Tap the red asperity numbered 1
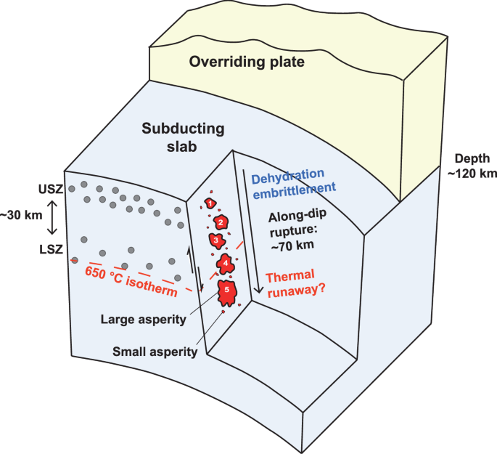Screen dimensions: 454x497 [x=210, y=204]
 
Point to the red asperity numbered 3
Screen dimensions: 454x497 [x=215, y=239]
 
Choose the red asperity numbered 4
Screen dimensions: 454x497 [x=226, y=263]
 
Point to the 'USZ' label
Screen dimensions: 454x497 [x=52, y=189]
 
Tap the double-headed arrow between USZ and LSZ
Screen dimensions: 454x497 [x=52, y=216]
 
